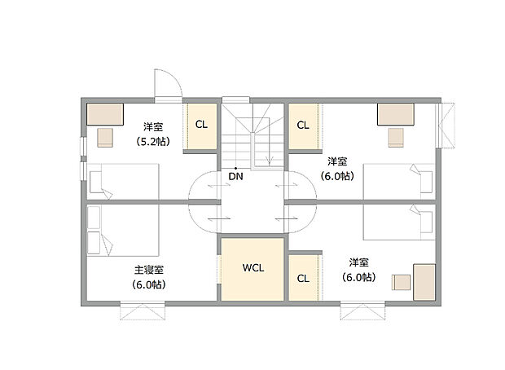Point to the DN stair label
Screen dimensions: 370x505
[x=235, y=175]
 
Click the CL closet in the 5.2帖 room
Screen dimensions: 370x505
[x=200, y=126]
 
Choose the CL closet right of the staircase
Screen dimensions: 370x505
[x=303, y=126]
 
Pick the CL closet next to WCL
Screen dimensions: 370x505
[x=303, y=278]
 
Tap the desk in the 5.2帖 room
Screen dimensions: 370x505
[x=104, y=113]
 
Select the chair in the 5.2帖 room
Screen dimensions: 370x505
[x=105, y=135]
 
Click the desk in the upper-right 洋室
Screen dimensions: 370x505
[x=395, y=113]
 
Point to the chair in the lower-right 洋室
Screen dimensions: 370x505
[x=401, y=281]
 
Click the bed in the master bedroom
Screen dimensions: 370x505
[x=122, y=231]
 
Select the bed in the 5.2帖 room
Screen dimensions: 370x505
[x=122, y=180]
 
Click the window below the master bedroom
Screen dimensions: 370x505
[x=143, y=311]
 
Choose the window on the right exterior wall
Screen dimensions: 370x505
[x=446, y=126]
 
